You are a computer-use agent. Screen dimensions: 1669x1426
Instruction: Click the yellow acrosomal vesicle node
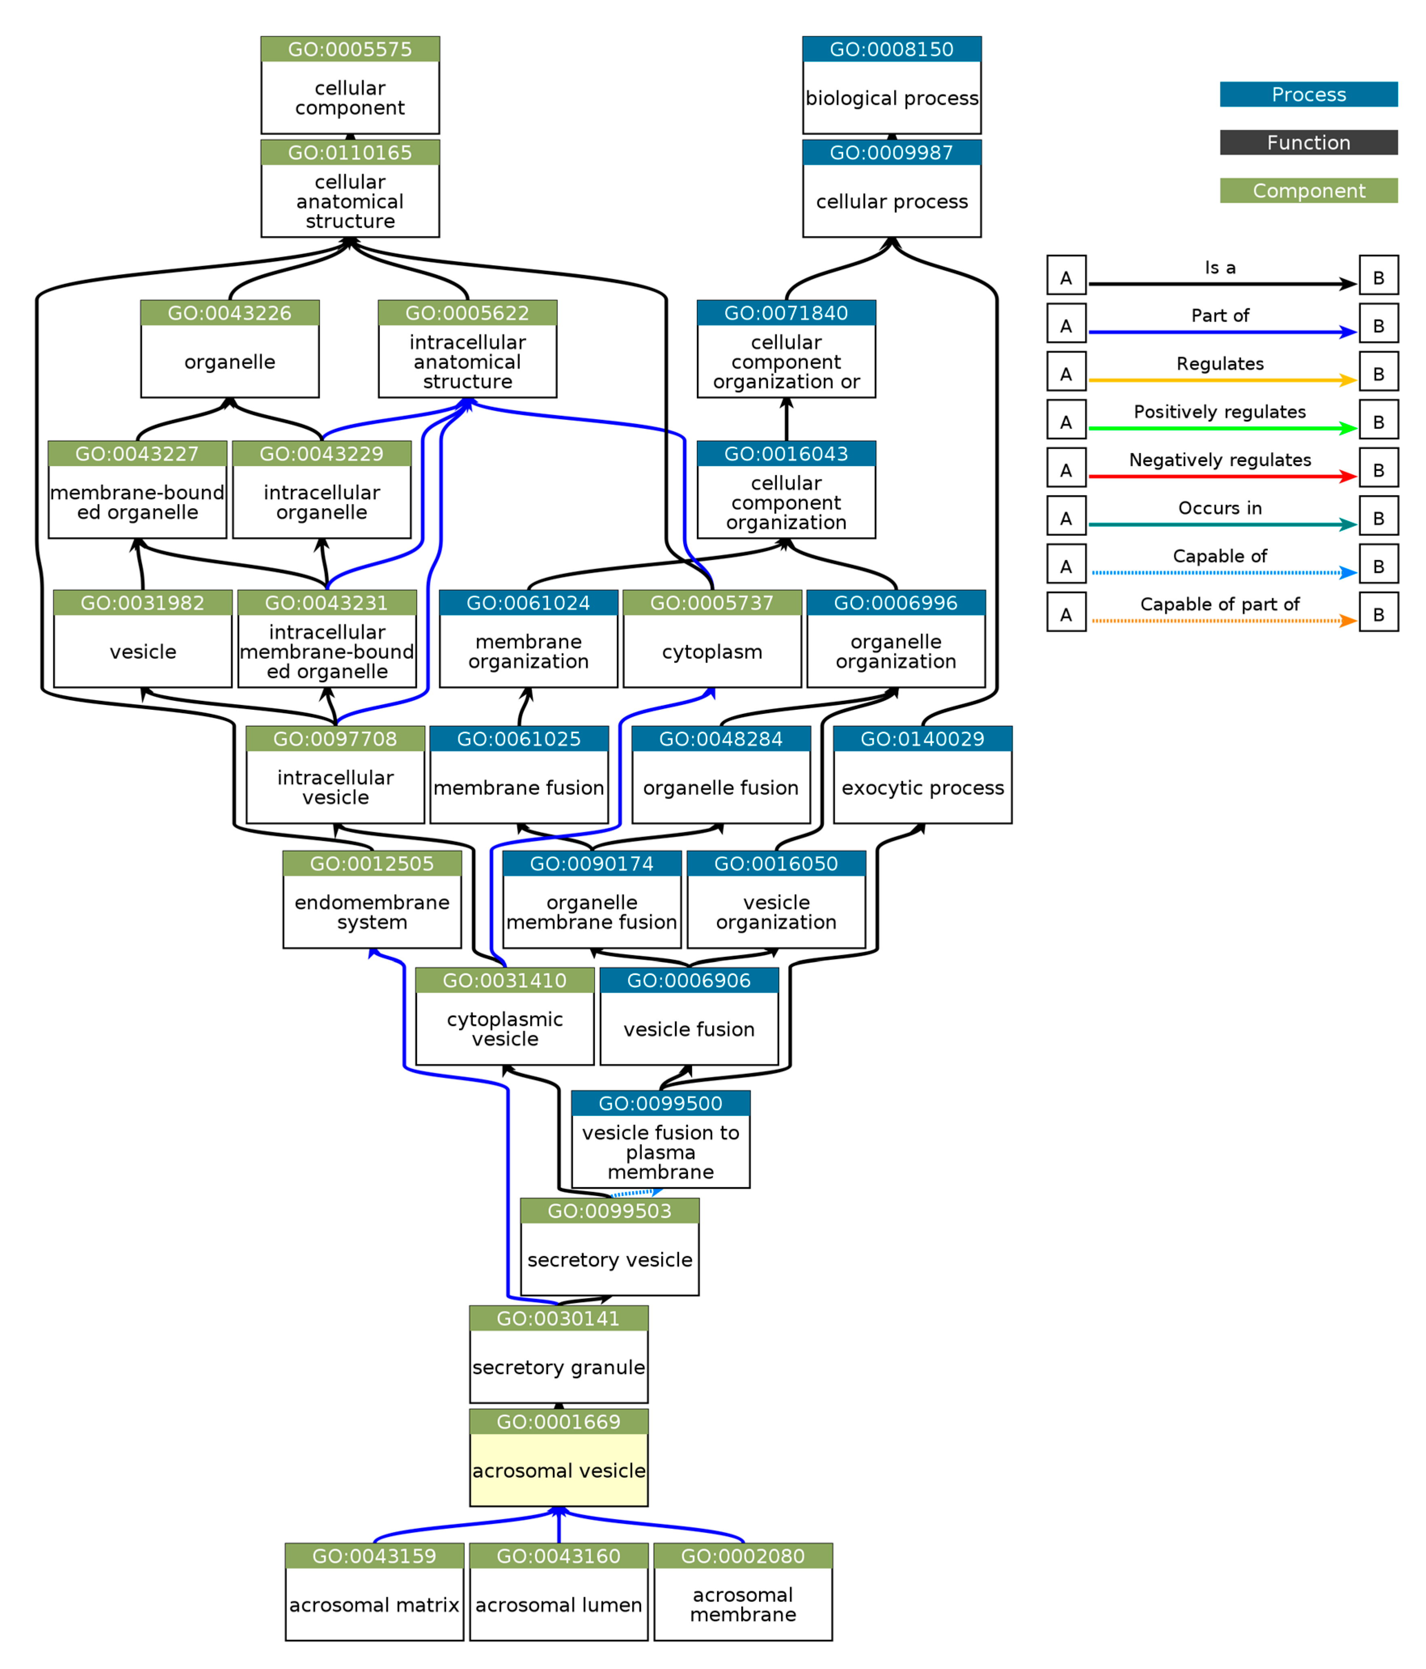coord(558,1469)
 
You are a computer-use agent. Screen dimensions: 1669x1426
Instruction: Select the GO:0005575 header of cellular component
coord(350,49)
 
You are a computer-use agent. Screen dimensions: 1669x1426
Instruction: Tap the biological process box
coord(891,97)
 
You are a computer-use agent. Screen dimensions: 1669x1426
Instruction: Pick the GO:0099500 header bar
coord(660,1103)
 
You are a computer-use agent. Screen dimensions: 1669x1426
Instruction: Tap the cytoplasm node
coord(712,651)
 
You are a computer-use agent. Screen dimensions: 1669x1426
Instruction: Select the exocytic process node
coord(922,787)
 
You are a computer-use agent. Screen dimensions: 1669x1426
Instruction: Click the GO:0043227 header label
coord(137,454)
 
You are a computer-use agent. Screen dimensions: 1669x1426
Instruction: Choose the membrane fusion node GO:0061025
coord(519,787)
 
